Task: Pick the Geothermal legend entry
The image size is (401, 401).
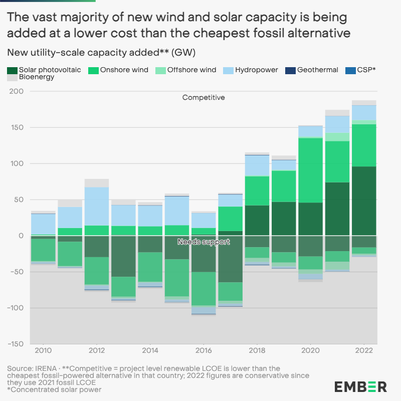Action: click(x=312, y=70)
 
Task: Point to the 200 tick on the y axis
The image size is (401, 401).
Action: click(x=17, y=91)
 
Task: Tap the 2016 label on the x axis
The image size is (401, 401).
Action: click(x=204, y=350)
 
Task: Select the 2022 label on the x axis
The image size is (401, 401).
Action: click(x=364, y=350)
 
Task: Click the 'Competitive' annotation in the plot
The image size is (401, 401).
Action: click(x=204, y=97)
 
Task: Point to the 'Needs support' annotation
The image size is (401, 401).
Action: click(x=204, y=242)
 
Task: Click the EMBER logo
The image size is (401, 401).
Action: click(x=360, y=386)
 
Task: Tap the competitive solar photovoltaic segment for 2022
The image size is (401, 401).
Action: click(x=364, y=200)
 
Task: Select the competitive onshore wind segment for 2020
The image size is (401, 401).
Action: click(x=311, y=170)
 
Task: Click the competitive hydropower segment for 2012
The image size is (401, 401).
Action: click(x=97, y=207)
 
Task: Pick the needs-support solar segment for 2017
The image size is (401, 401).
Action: click(x=230, y=259)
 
